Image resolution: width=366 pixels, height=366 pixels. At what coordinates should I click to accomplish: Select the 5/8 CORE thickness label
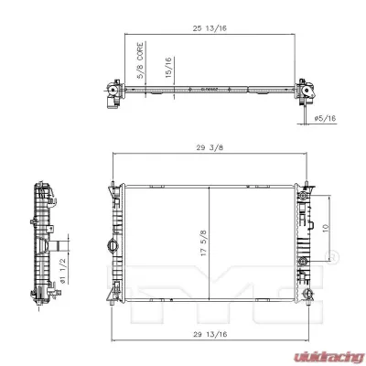[140, 63]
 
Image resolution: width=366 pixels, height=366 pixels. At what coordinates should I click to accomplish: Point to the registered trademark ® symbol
[332, 257]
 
